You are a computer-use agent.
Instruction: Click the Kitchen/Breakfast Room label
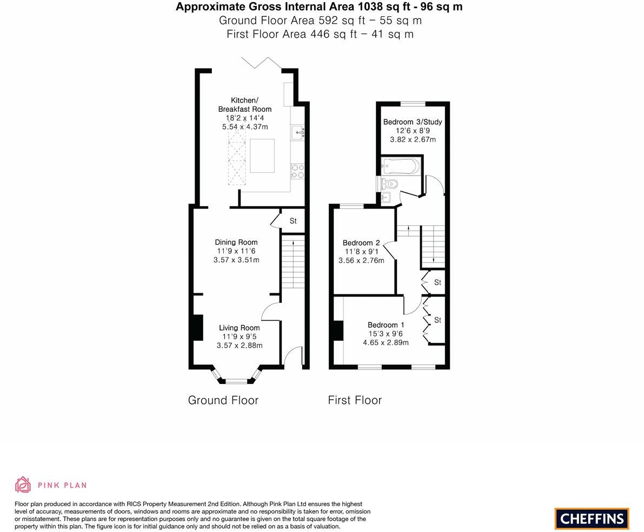pyautogui.click(x=245, y=105)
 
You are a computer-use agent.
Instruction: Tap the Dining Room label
pyautogui.click(x=236, y=243)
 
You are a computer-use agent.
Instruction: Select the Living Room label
pyautogui.click(x=240, y=328)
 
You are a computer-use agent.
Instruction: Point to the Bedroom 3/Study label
pyautogui.click(x=413, y=122)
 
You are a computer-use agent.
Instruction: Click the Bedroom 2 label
pyautogui.click(x=361, y=243)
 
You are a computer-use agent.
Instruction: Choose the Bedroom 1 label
pyautogui.click(x=386, y=325)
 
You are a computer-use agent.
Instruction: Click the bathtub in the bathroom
pyautogui.click(x=400, y=166)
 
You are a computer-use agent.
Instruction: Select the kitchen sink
pyautogui.click(x=297, y=132)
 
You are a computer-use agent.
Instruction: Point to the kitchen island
pyautogui.click(x=262, y=156)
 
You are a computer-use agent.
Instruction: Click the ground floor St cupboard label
pyautogui.click(x=293, y=221)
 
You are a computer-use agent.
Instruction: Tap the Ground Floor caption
pyautogui.click(x=223, y=400)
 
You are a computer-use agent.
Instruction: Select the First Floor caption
pyautogui.click(x=355, y=400)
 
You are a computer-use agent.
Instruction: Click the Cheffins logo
pyautogui.click(x=592, y=518)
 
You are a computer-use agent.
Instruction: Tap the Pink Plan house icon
pyautogui.click(x=23, y=485)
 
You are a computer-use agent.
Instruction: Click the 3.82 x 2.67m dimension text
pyautogui.click(x=413, y=139)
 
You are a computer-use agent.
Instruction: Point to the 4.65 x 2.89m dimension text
pyautogui.click(x=386, y=342)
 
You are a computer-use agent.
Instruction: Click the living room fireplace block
pyautogui.click(x=198, y=327)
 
